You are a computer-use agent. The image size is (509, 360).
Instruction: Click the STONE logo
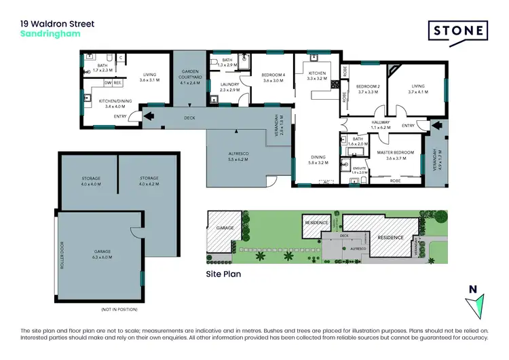(x=457, y=31)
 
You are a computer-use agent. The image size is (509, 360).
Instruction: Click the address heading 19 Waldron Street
(x=58, y=24)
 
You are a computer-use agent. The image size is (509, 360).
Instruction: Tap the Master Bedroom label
(x=395, y=155)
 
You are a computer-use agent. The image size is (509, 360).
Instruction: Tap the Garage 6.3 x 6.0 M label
(x=100, y=253)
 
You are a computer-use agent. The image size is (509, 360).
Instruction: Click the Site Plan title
(x=223, y=275)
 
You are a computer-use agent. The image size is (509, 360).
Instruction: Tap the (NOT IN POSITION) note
(x=119, y=309)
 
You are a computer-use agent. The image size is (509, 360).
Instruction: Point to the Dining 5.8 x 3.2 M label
(x=318, y=160)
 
